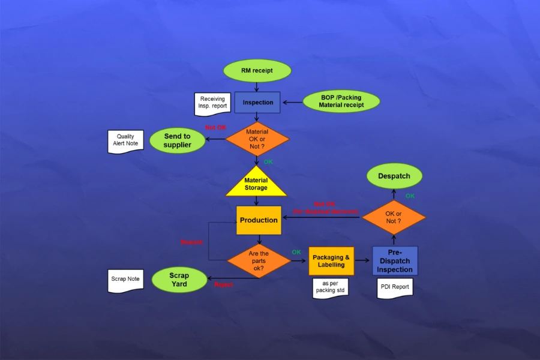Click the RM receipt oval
click(x=257, y=71)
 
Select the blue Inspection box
click(x=257, y=103)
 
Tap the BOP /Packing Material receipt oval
click(x=341, y=101)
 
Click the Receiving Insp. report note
click(x=212, y=103)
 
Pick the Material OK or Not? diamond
click(x=257, y=139)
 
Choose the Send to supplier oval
click(x=177, y=140)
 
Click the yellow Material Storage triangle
click(x=256, y=182)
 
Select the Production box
click(x=259, y=220)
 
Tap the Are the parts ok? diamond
click(x=259, y=261)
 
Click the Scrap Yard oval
click(x=179, y=280)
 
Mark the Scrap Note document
click(x=125, y=280)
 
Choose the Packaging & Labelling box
click(x=331, y=261)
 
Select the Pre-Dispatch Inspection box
click(x=395, y=261)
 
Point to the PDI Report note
click(x=395, y=287)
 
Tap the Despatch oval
click(x=394, y=176)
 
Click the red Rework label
click(x=192, y=242)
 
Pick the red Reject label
click(x=223, y=284)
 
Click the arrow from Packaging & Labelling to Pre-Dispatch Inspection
click(x=362, y=260)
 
